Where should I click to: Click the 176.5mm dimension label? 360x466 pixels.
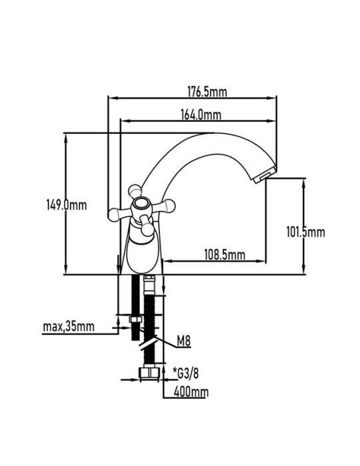[207, 92]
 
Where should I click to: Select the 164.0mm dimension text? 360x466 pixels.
[201, 115]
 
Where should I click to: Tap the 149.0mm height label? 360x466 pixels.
[67, 205]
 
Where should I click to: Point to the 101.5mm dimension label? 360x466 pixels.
[305, 232]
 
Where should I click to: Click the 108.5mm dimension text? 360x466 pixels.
[225, 255]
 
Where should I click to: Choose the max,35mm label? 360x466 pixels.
[69, 326]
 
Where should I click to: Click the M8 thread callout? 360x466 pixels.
[183, 341]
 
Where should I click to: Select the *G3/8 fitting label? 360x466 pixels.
[185, 373]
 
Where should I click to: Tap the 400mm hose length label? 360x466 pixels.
[191, 392]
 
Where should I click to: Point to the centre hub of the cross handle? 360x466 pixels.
[141, 205]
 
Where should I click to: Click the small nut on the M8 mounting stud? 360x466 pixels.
[136, 320]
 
